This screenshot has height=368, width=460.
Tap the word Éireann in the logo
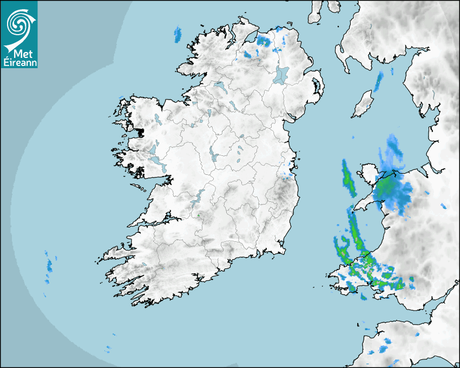19,62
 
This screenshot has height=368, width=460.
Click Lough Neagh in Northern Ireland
281,74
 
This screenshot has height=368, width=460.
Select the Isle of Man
363,104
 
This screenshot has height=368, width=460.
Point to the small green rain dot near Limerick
199,215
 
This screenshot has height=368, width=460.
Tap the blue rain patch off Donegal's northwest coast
177,35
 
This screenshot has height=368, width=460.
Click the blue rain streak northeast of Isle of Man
379,81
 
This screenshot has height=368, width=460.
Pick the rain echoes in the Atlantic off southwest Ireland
49,265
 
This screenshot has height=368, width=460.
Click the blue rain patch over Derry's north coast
264,40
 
